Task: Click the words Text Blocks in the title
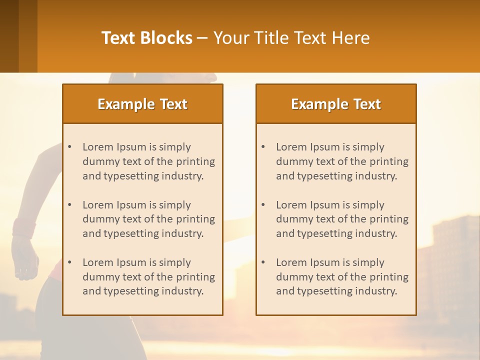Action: (147, 38)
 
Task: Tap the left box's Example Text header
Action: (142, 104)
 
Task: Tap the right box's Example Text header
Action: (336, 104)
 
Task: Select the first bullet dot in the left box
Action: (70, 147)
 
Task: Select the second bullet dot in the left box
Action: (70, 205)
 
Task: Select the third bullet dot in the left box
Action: (70, 262)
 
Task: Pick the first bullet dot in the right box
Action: (263, 147)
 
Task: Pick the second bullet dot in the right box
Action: (263, 205)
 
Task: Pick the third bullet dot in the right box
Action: (263, 262)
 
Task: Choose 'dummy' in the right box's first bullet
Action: (293, 161)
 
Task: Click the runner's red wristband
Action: (24, 228)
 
